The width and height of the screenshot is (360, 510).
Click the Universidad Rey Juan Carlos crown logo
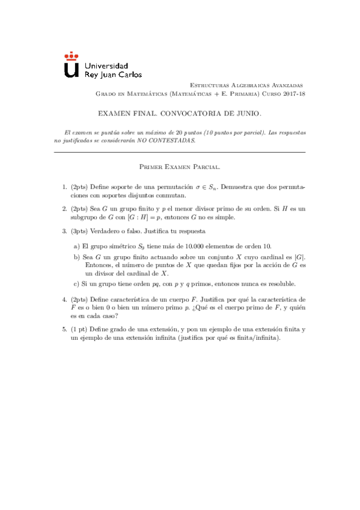point(71,64)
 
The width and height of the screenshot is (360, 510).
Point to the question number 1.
point(64,187)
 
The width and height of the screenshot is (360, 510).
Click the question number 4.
point(64,299)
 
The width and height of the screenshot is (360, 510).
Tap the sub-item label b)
point(76,256)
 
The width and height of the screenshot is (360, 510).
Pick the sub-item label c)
point(76,283)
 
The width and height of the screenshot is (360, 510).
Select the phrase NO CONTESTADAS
point(162,140)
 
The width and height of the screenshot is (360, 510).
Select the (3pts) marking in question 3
point(80,230)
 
